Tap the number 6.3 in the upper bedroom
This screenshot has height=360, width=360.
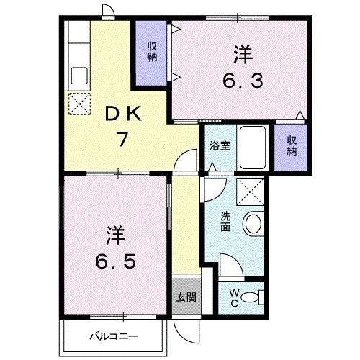pyautogui.click(x=243, y=81)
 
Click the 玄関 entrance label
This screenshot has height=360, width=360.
pyautogui.click(x=184, y=297)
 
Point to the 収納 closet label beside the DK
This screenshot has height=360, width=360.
pyautogui.click(x=152, y=52)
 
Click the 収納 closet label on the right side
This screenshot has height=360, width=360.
pyautogui.click(x=292, y=146)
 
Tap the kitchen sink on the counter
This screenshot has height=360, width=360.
pyautogui.click(x=78, y=76)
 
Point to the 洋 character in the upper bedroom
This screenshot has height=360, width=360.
pyautogui.click(x=242, y=54)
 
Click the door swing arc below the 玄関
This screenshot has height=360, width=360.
pyautogui.click(x=186, y=333)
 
